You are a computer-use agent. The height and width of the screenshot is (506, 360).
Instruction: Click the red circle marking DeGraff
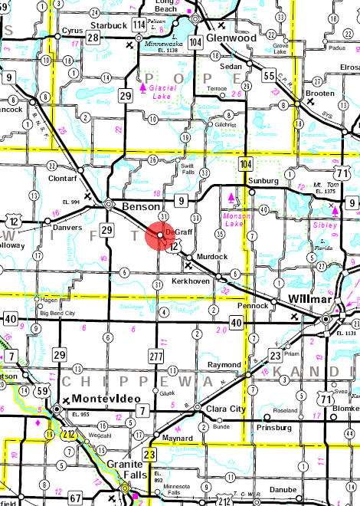click(x=160, y=235)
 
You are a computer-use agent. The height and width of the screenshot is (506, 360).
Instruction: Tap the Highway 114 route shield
click(x=139, y=25)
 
